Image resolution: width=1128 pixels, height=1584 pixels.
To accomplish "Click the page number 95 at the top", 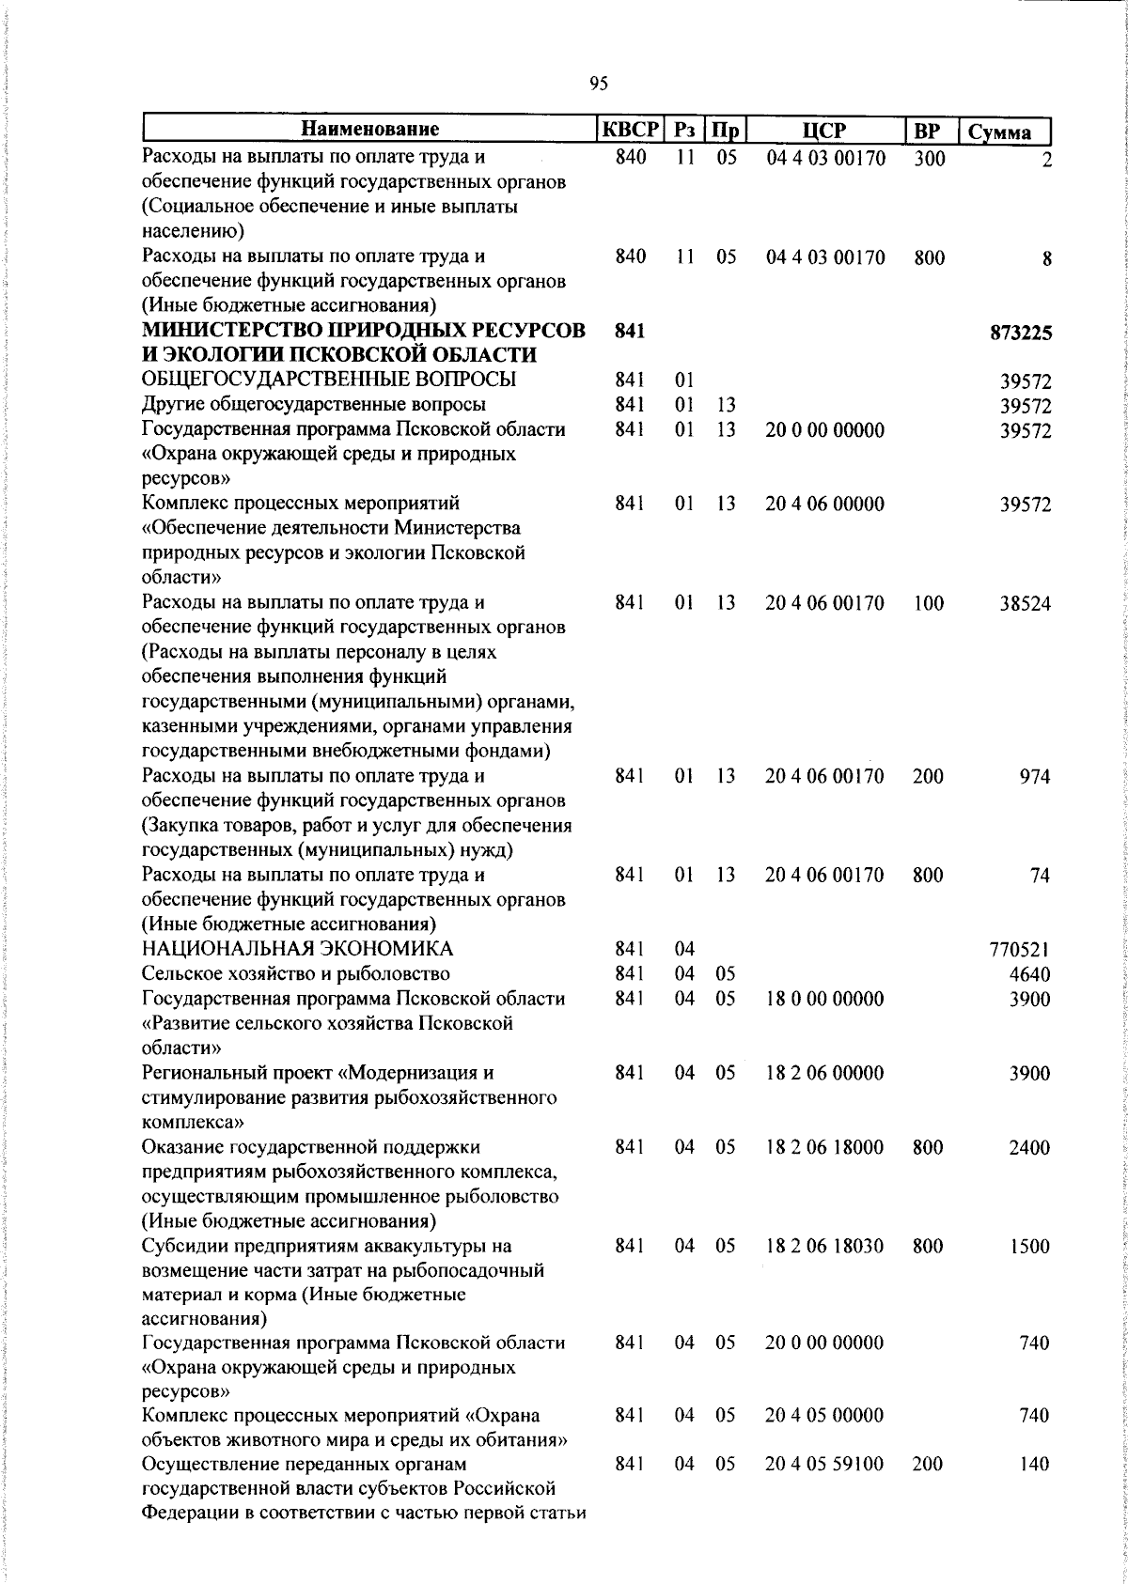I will [x=599, y=85].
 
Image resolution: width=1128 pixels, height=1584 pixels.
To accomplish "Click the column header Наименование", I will [x=371, y=131].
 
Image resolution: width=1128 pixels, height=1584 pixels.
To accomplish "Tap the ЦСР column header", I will [x=824, y=131].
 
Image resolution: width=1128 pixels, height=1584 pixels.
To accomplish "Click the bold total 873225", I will [x=1020, y=333].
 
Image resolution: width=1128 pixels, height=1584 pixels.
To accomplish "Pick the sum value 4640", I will [x=1029, y=974].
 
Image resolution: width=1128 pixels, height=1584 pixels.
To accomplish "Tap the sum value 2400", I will [x=1029, y=1148].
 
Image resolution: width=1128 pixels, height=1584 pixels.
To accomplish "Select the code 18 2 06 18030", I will [x=824, y=1247].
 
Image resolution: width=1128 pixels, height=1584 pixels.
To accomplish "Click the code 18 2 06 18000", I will [x=824, y=1148].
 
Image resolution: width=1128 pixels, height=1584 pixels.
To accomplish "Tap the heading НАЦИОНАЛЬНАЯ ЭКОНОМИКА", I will [x=297, y=949].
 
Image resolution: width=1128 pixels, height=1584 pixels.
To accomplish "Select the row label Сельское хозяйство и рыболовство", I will [x=295, y=974].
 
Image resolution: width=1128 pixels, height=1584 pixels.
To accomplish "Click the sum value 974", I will [x=1035, y=777].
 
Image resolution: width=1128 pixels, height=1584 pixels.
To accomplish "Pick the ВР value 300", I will [x=929, y=159].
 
